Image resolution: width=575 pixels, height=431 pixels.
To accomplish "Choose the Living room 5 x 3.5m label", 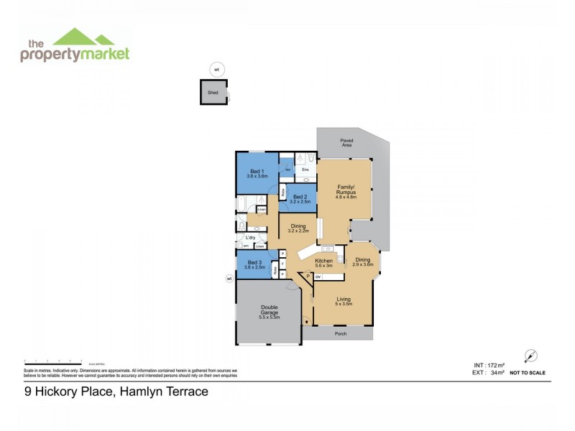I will click(x=344, y=301).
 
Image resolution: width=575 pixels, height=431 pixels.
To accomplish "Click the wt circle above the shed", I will click(x=214, y=70).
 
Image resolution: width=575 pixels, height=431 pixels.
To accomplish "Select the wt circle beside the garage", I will click(x=229, y=279).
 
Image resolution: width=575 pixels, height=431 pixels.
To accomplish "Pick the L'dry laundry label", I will click(x=250, y=238).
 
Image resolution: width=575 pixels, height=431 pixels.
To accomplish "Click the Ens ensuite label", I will click(x=305, y=170).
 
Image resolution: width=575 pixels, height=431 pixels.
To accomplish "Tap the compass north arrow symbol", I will click(x=531, y=356).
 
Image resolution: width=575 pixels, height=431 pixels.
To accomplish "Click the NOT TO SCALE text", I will click(x=527, y=373).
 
